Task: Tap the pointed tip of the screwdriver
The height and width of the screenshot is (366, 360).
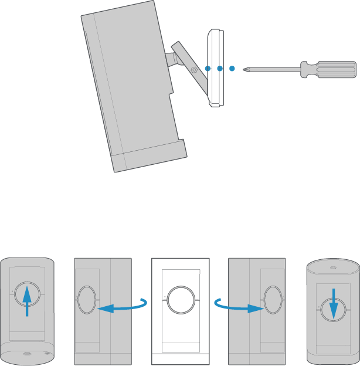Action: click(x=246, y=69)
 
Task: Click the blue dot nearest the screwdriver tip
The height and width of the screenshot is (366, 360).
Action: click(x=232, y=69)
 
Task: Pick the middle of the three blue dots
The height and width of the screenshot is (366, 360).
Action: click(x=219, y=69)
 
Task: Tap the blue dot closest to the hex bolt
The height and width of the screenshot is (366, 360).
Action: click(x=207, y=69)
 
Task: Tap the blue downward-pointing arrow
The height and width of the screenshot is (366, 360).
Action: click(x=332, y=303)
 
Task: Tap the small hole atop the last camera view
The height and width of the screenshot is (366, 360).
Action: click(x=332, y=268)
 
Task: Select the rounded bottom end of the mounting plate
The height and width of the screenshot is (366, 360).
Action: click(x=215, y=104)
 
